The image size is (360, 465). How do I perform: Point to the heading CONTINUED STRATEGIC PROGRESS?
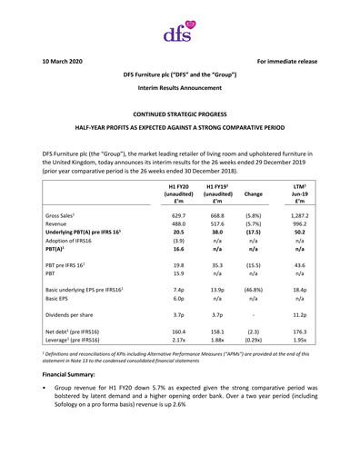point(179,116)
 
